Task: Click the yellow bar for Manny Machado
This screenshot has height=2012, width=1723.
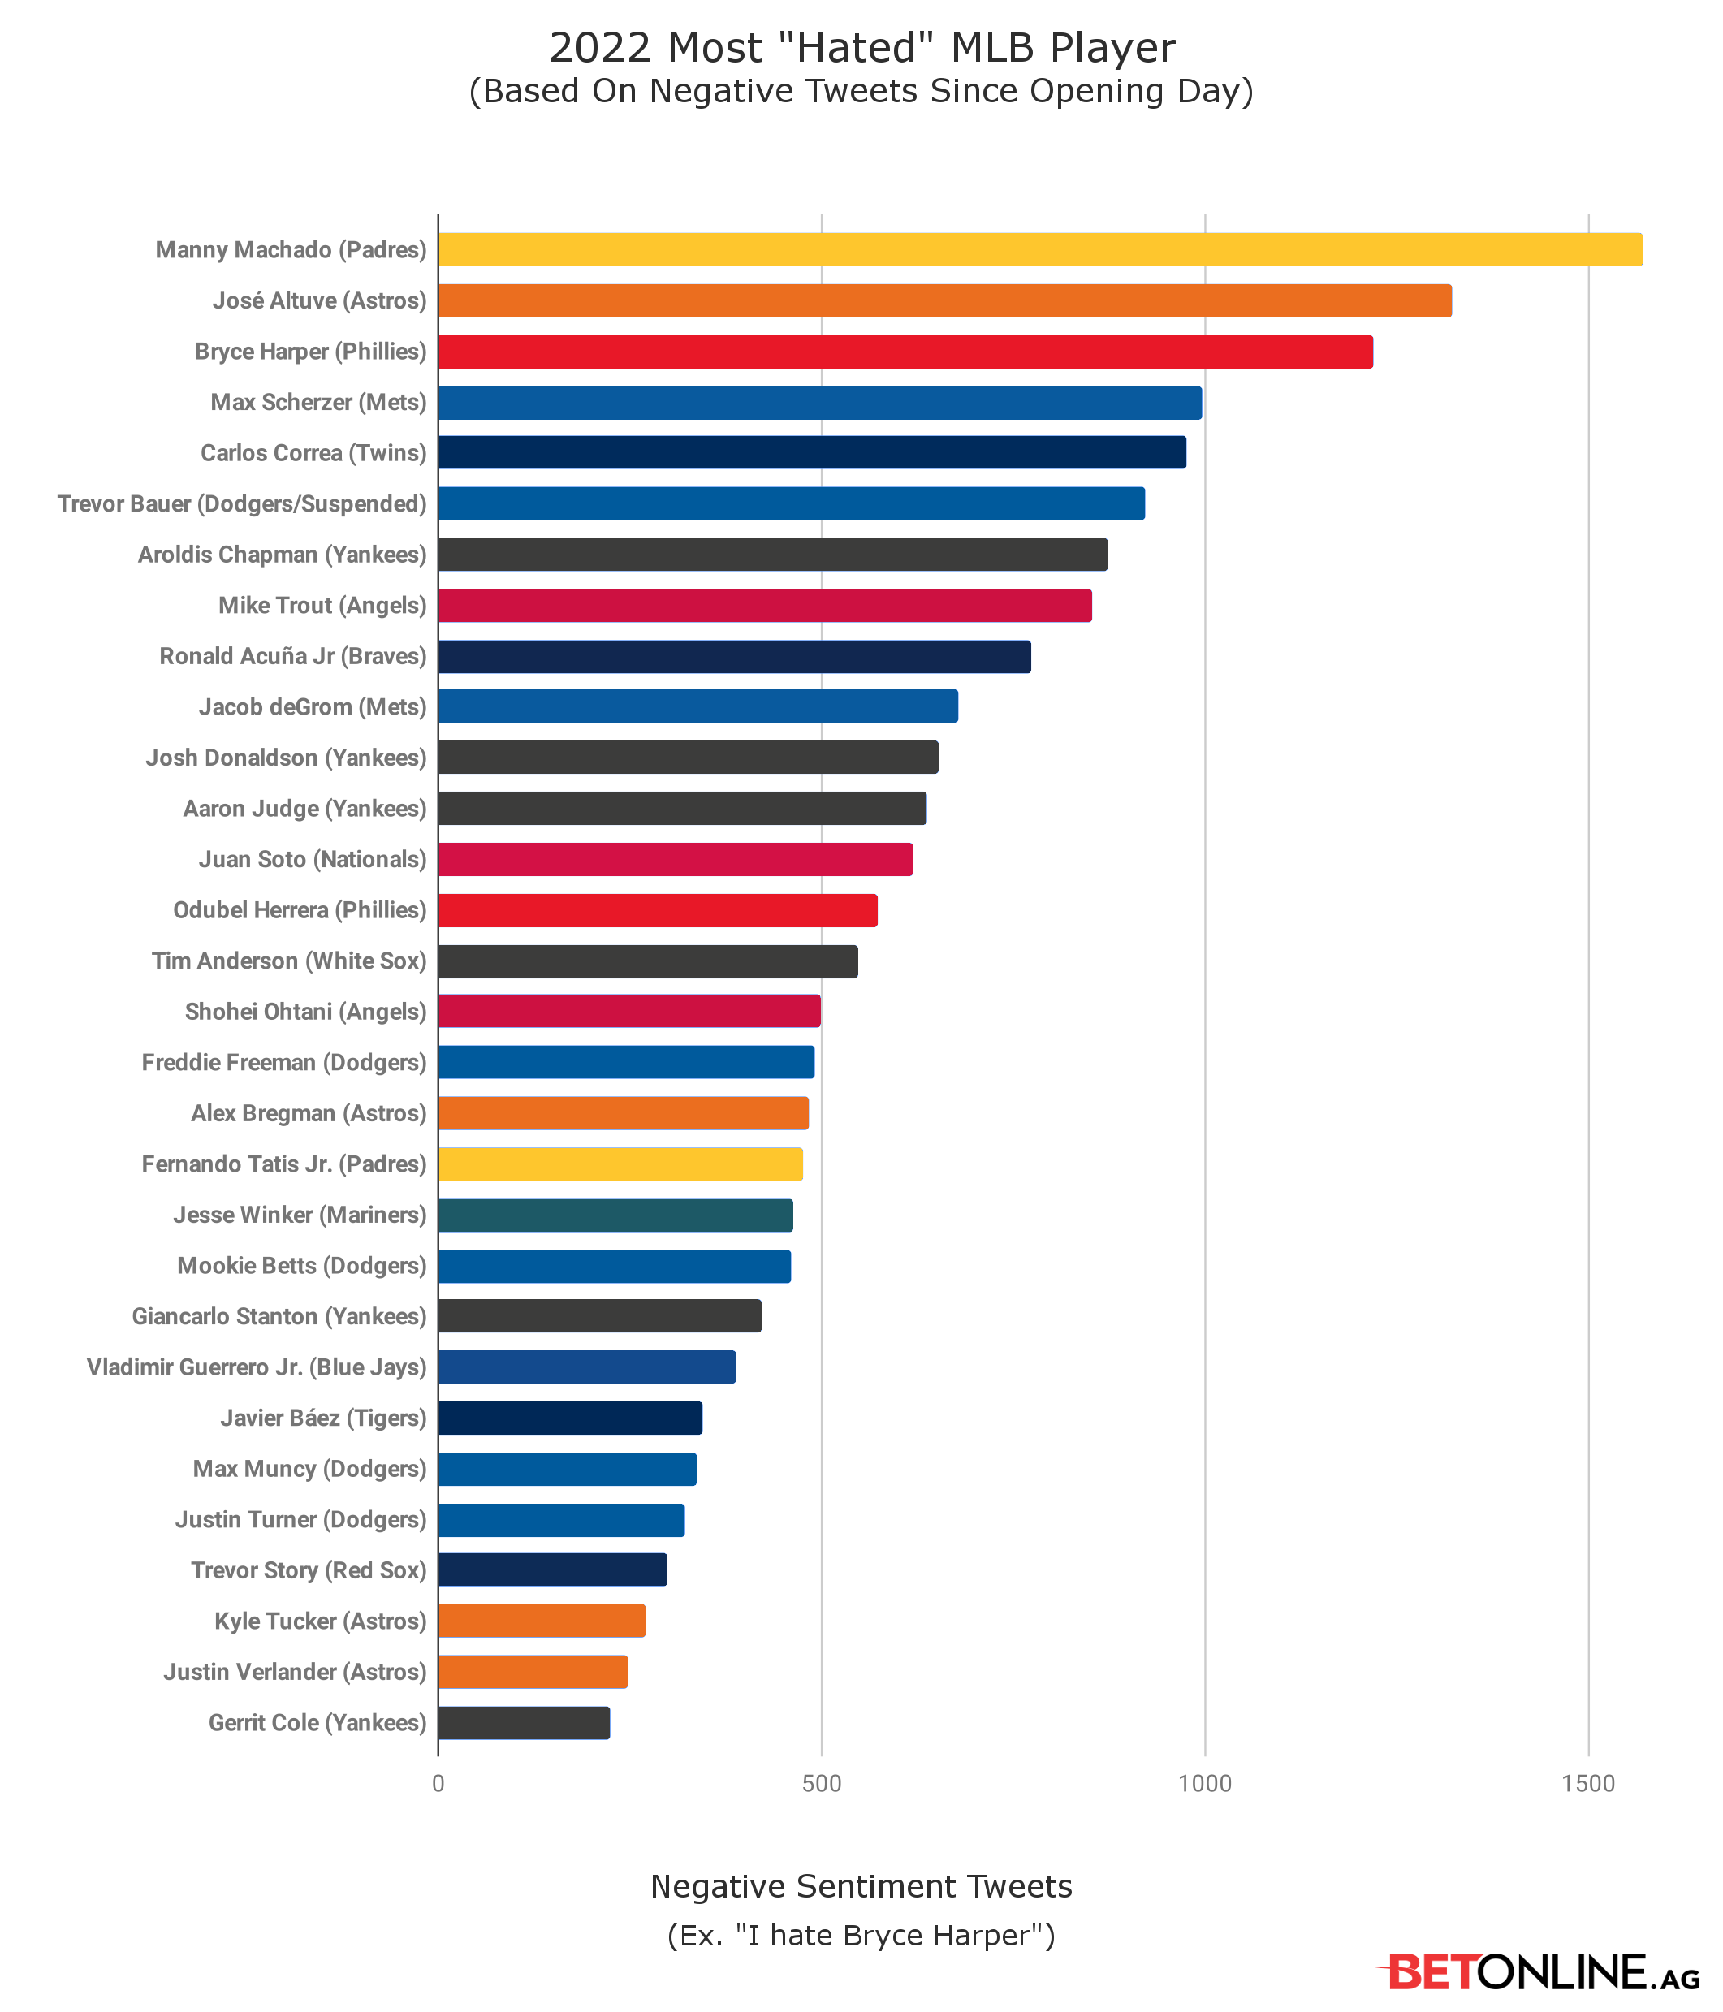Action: [x=1039, y=249]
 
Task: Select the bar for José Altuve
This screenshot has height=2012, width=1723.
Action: [x=944, y=301]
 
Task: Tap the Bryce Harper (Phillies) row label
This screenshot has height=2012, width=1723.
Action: [x=311, y=352]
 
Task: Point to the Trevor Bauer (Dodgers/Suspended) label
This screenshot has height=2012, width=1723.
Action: [x=242, y=504]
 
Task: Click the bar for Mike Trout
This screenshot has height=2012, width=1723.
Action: [x=764, y=606]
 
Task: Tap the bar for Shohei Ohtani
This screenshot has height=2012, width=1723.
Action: [x=629, y=1012]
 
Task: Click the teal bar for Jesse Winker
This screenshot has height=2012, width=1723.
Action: [x=615, y=1215]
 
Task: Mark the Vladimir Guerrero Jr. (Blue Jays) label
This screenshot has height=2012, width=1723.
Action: [x=257, y=1367]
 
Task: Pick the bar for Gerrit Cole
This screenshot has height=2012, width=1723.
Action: [x=524, y=1723]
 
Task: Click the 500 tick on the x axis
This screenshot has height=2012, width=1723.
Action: [x=821, y=1784]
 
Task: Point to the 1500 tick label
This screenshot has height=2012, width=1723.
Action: [x=1588, y=1784]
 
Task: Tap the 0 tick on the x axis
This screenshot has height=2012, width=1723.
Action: [x=438, y=1784]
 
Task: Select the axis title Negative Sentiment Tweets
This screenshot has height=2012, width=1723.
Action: [x=861, y=1886]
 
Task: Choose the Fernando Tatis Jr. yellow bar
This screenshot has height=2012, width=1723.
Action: [x=620, y=1164]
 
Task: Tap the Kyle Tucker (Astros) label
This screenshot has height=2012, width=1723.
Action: [x=321, y=1621]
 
